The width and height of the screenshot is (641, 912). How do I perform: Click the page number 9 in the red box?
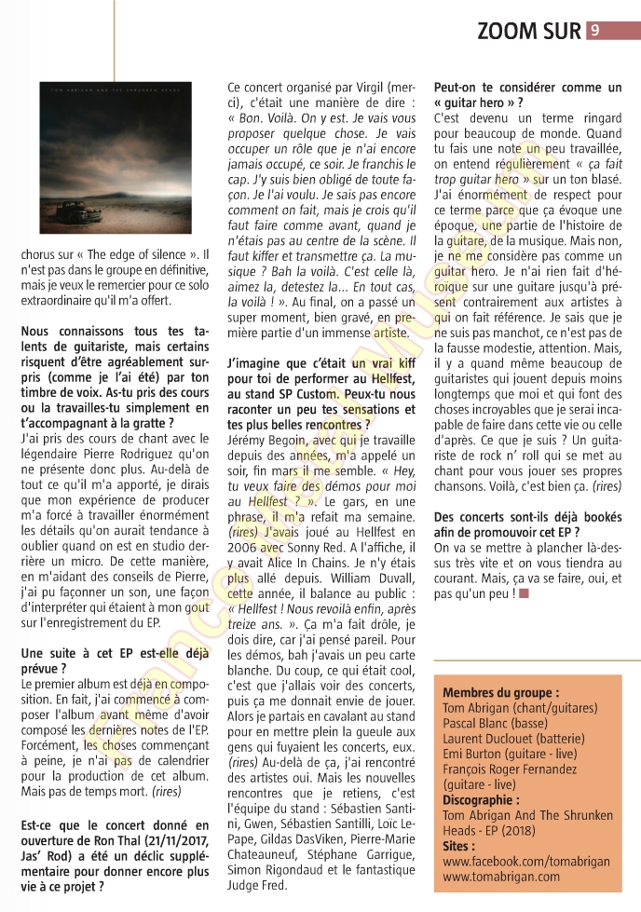point(594,30)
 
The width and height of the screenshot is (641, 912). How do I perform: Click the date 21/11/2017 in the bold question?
point(164,842)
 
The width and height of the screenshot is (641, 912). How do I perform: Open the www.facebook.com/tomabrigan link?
point(527,862)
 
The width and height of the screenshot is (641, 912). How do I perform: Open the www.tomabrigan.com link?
point(499,878)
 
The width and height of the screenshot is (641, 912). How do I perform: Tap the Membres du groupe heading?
point(500,692)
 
